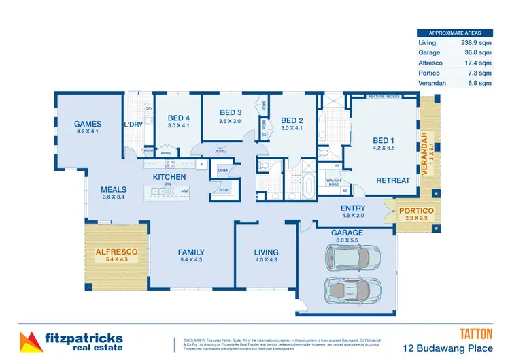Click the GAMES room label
(88, 124)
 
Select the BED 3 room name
(231, 112)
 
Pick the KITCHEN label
(169, 177)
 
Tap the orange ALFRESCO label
(116, 251)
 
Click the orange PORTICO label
(416, 211)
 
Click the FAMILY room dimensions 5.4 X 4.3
(191, 260)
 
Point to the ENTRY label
(353, 208)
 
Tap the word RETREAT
(393, 180)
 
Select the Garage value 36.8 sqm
(476, 52)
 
